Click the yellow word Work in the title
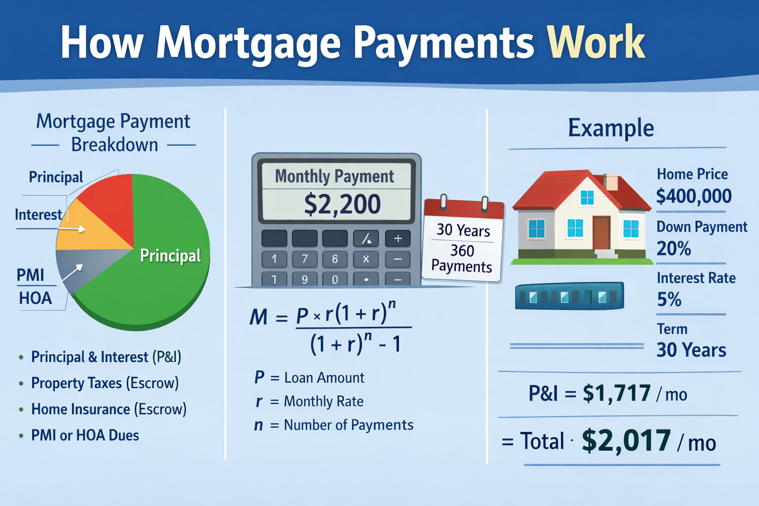click(x=595, y=42)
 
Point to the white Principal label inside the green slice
click(x=170, y=255)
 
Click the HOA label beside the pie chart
click(x=35, y=298)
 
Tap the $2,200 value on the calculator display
click(x=342, y=204)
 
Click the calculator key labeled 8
click(x=335, y=259)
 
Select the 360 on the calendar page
click(x=462, y=251)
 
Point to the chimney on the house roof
click(x=611, y=182)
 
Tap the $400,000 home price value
click(x=694, y=196)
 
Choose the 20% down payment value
click(x=674, y=248)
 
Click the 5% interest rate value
click(x=669, y=299)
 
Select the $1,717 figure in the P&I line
click(x=617, y=393)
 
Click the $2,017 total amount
click(x=626, y=441)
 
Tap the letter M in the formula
click(x=258, y=317)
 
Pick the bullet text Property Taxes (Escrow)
click(x=105, y=383)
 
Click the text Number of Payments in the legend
click(x=348, y=425)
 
